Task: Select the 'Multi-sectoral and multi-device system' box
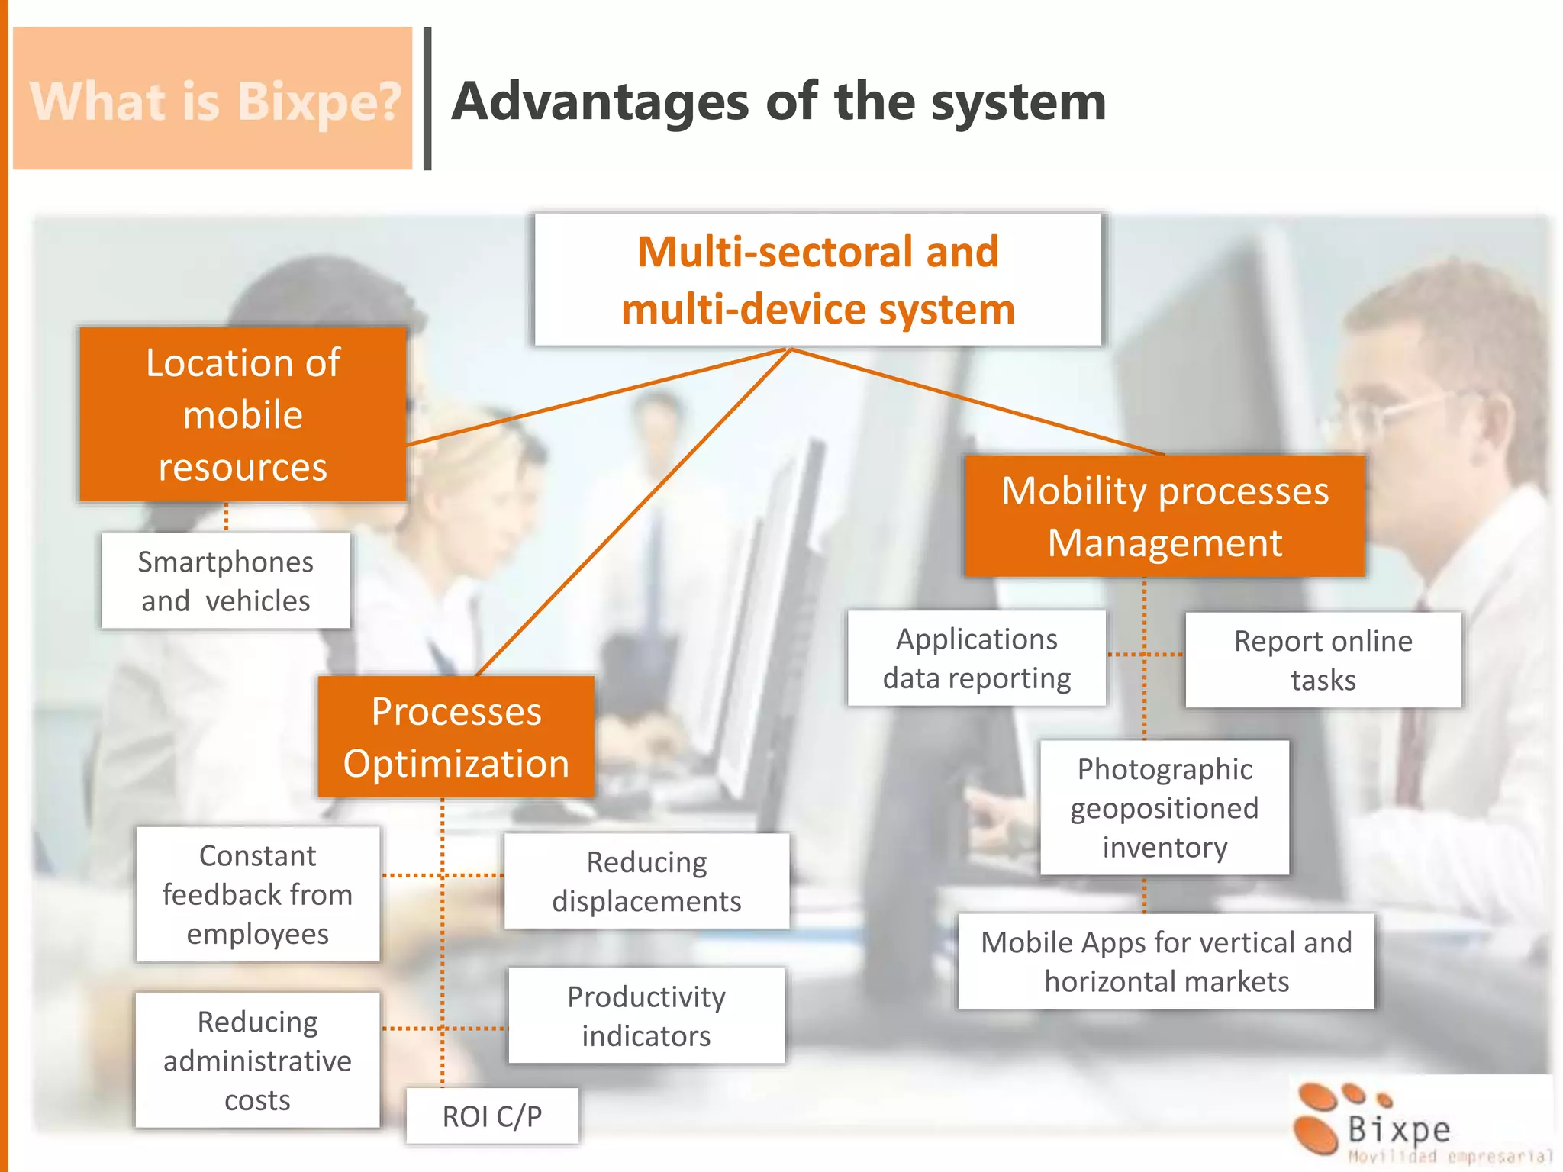click(x=817, y=280)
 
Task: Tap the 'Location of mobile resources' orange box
click(x=243, y=414)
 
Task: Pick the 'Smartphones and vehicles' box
click(x=226, y=581)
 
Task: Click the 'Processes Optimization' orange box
click(x=456, y=737)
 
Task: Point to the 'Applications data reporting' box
click(x=976, y=658)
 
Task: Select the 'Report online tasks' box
click(x=1323, y=660)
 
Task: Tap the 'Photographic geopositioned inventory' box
click(x=1164, y=808)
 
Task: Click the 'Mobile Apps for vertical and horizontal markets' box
click(x=1165, y=961)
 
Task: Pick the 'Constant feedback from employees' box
click(x=257, y=894)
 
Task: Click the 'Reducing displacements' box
click(x=646, y=881)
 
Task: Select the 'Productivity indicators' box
click(x=646, y=1016)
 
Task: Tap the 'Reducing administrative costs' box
click(x=257, y=1061)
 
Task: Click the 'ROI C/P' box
click(x=491, y=1116)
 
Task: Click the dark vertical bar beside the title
click(x=427, y=99)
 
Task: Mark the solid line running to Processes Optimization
click(x=633, y=511)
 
